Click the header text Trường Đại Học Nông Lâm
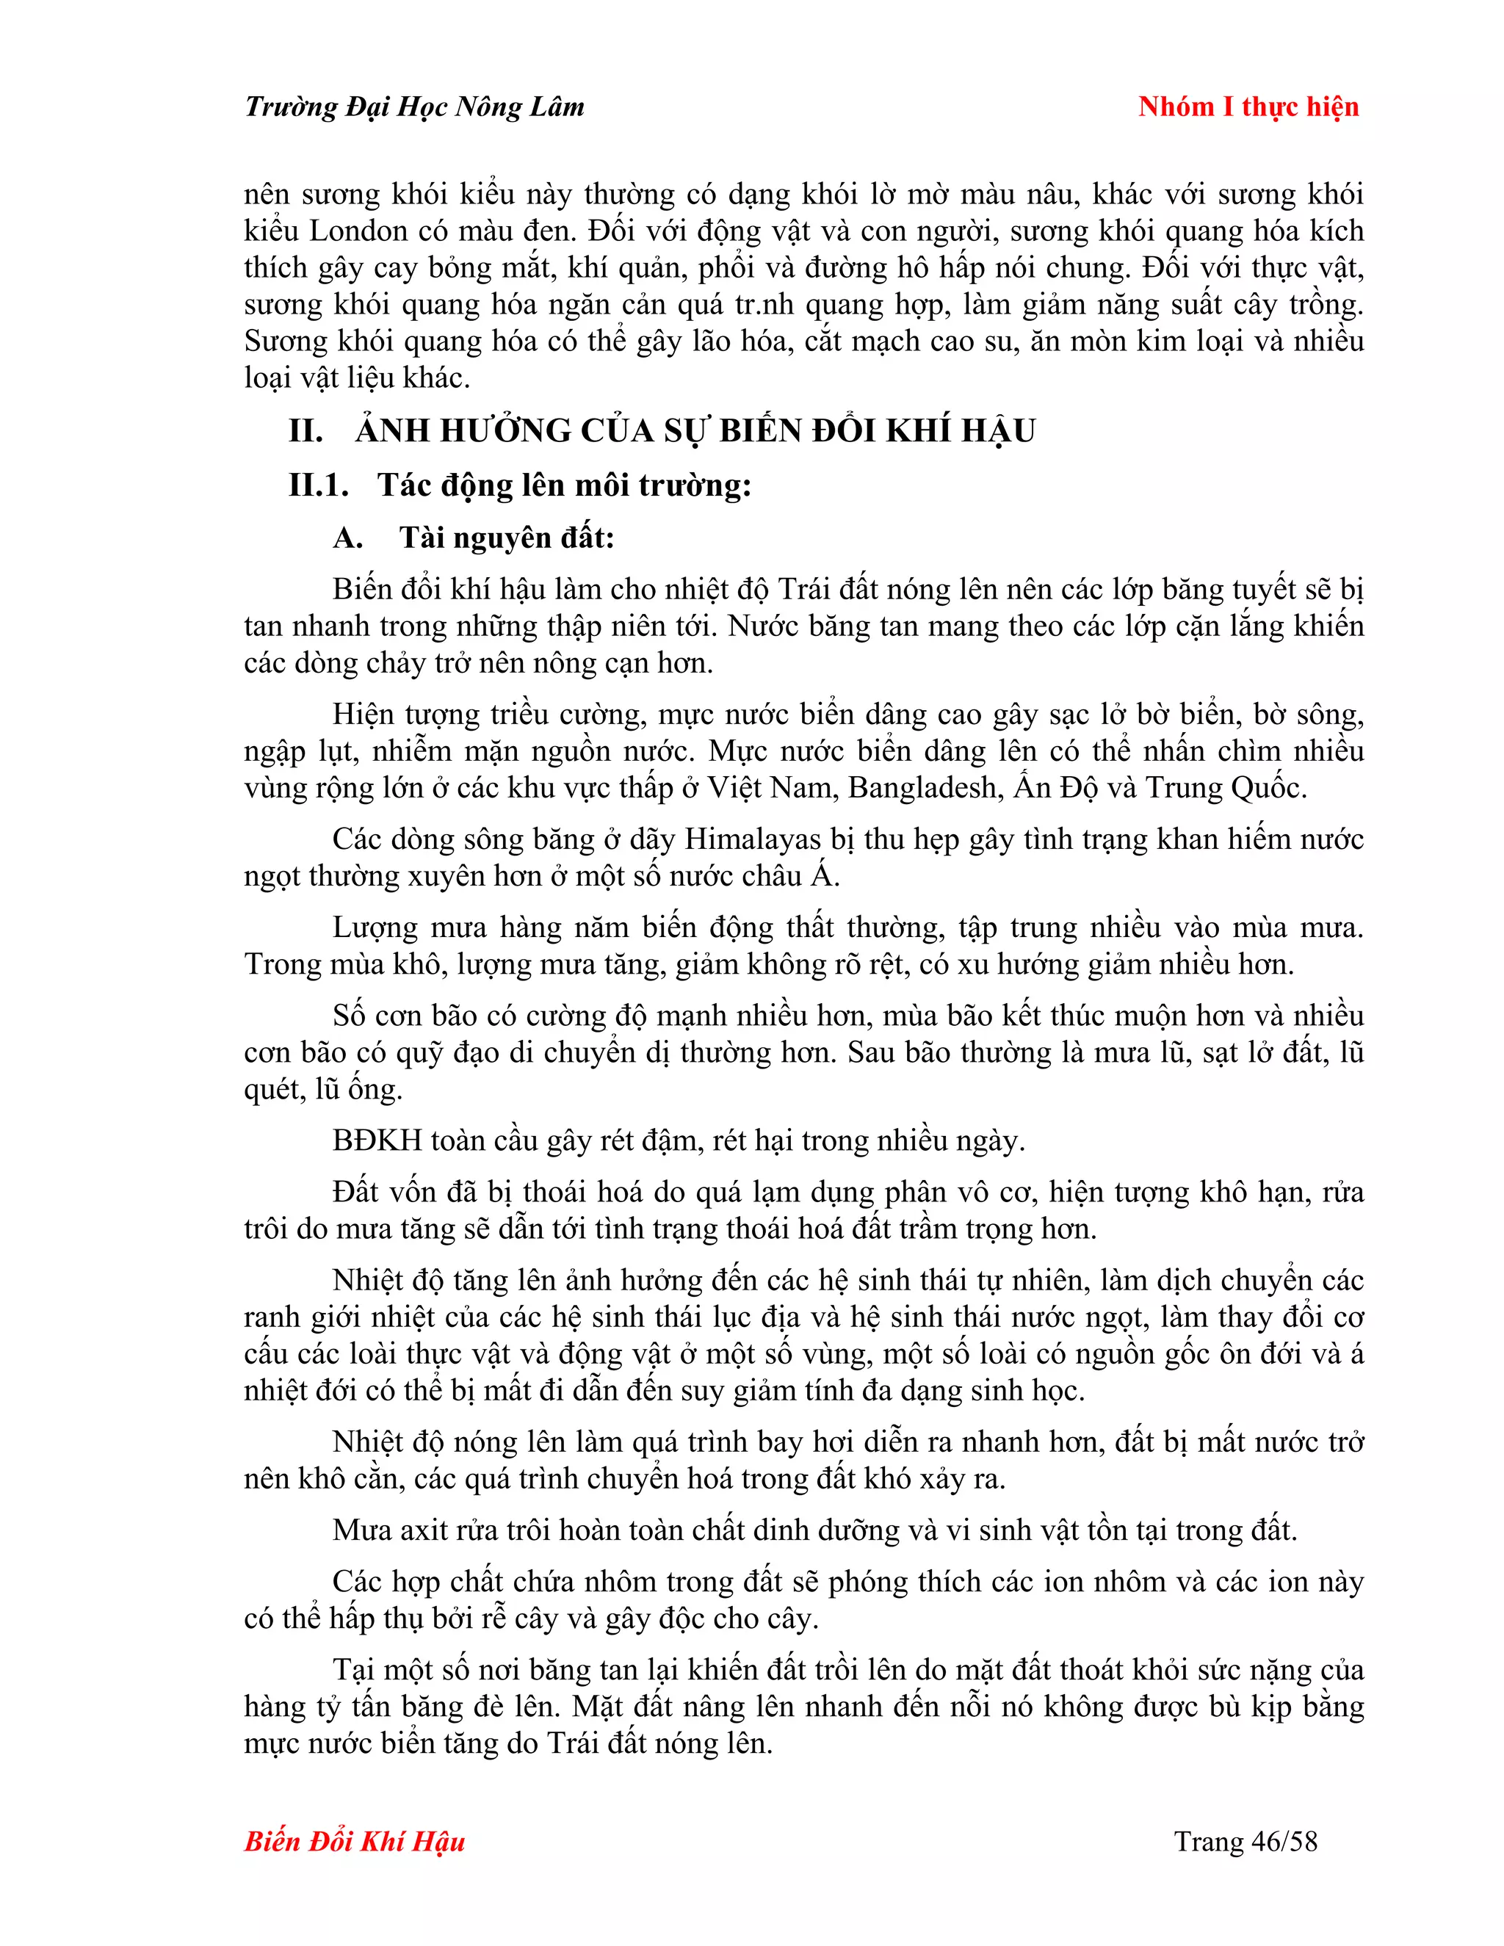pyautogui.click(x=414, y=107)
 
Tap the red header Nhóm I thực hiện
pyautogui.click(x=1248, y=107)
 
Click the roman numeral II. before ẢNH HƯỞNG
pyautogui.click(x=305, y=431)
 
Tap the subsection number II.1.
pyautogui.click(x=318, y=485)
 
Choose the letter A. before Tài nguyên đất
pyautogui.click(x=347, y=538)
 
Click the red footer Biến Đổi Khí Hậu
pyautogui.click(x=355, y=1841)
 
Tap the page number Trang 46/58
pyautogui.click(x=1245, y=1841)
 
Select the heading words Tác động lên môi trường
pyautogui.click(x=564, y=485)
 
